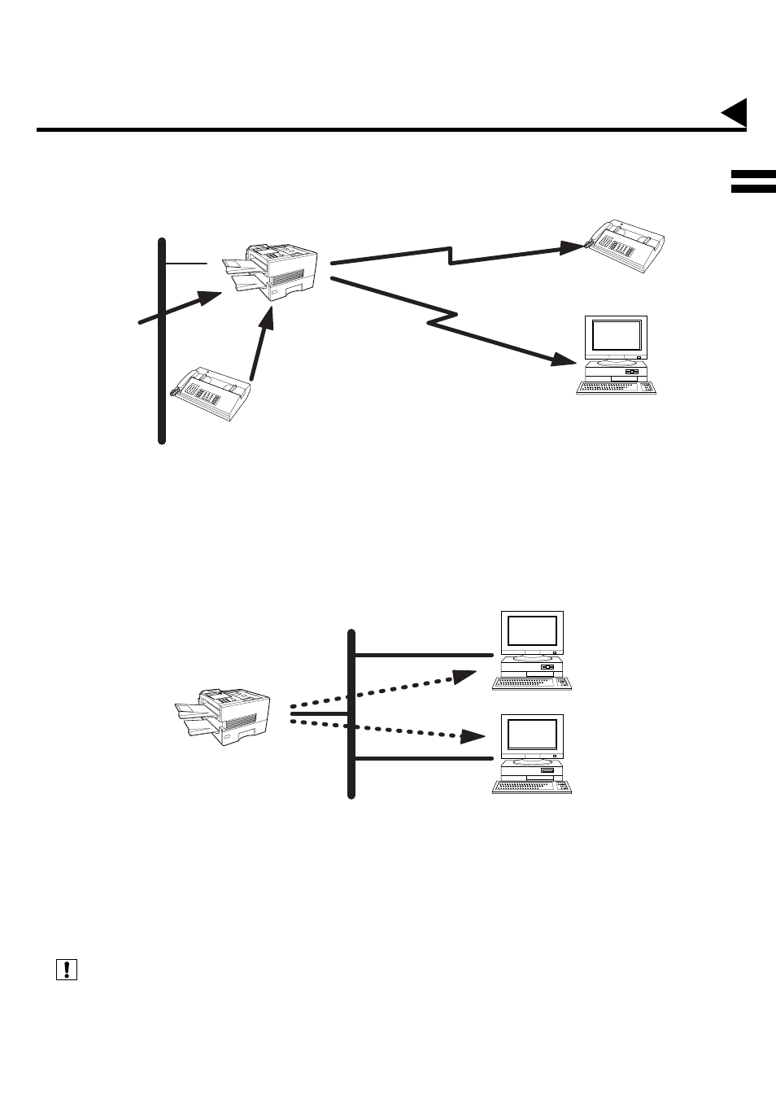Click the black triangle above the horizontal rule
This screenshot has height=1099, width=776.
[x=735, y=113]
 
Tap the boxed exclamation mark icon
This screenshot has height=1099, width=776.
[x=66, y=969]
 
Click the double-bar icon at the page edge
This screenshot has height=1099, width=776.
[x=752, y=181]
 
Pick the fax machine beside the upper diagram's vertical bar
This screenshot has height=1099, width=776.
[x=213, y=392]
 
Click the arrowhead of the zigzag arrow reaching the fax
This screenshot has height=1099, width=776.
[x=572, y=246]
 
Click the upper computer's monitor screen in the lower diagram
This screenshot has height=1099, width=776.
[x=533, y=631]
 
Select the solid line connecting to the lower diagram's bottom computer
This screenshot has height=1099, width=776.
[x=423, y=759]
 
